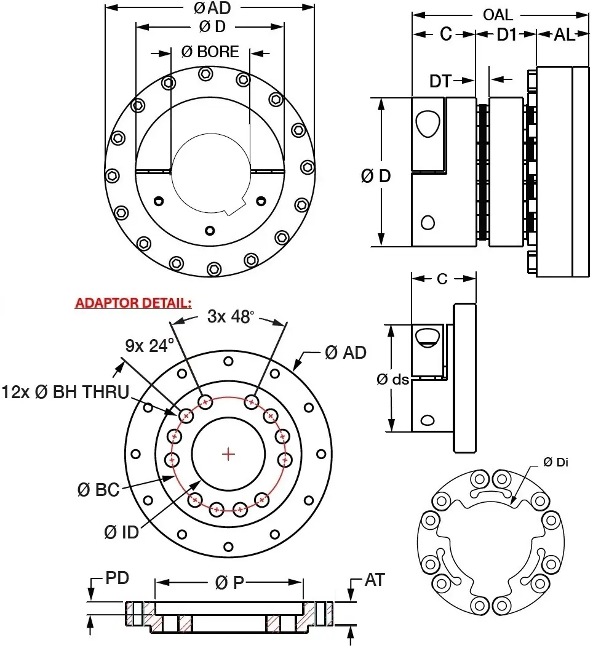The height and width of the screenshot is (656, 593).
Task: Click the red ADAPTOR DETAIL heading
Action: [133, 303]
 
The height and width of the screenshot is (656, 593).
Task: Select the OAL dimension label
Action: [498, 14]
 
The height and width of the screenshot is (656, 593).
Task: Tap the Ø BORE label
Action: [210, 52]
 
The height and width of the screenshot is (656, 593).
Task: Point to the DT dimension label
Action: [440, 81]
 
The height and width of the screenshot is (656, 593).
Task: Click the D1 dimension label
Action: [506, 35]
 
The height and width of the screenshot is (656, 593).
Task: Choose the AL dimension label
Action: [564, 35]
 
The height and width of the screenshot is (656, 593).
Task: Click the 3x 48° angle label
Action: [230, 317]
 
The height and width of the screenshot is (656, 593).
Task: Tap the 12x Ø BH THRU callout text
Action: [65, 391]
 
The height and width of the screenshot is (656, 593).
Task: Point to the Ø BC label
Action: [98, 490]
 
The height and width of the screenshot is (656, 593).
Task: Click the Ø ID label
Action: [121, 532]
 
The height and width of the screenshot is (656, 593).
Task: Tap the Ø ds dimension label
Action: [392, 380]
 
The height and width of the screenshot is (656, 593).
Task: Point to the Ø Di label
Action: [555, 462]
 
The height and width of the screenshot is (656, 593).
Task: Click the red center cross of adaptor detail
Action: [229, 454]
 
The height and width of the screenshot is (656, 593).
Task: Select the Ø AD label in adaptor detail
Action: [345, 352]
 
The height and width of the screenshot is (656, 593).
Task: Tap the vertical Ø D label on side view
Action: [376, 176]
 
